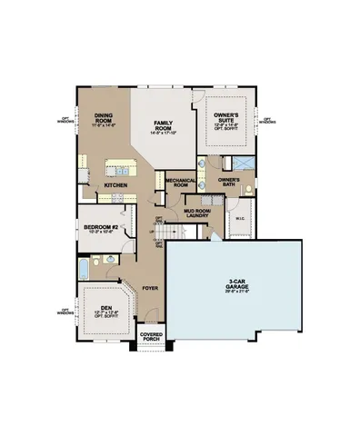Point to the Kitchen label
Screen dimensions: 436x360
pyautogui.click(x=115, y=186)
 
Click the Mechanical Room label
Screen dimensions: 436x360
pyautogui.click(x=181, y=183)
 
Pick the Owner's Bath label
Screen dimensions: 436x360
pyautogui.click(x=227, y=181)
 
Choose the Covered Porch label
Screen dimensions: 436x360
pyautogui.click(x=151, y=338)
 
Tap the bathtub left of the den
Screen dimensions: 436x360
pyautogui.click(x=85, y=269)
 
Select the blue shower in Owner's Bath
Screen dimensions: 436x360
pyautogui.click(x=241, y=163)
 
